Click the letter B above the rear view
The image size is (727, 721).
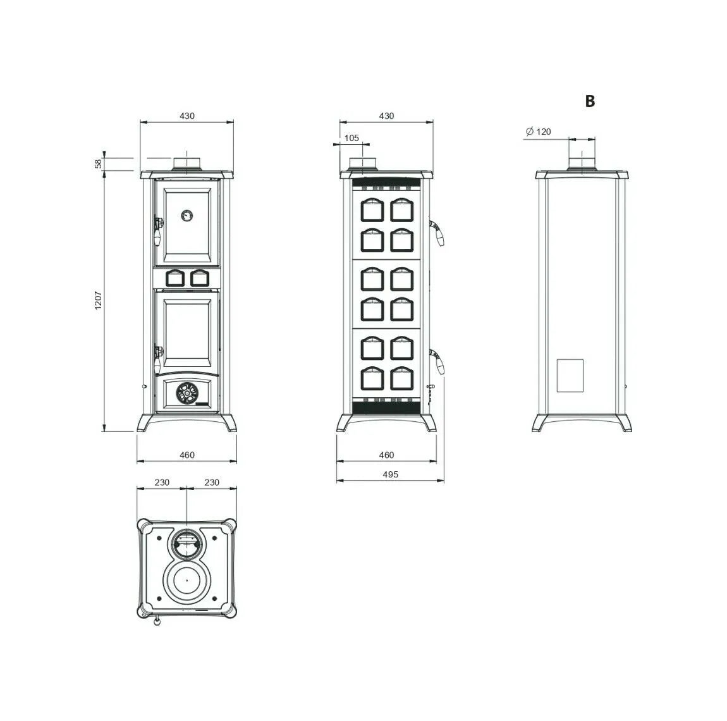click(x=590, y=101)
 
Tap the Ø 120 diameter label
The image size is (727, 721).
click(x=538, y=132)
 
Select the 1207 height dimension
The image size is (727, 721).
click(x=98, y=300)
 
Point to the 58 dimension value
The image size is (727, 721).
click(x=98, y=164)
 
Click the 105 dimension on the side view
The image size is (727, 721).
click(x=351, y=138)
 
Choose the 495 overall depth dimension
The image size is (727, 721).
click(x=391, y=474)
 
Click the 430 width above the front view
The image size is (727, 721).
click(x=187, y=116)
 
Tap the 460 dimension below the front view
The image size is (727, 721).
click(x=187, y=455)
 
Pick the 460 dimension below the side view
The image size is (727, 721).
click(x=386, y=455)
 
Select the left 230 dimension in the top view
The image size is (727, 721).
click(x=162, y=482)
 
